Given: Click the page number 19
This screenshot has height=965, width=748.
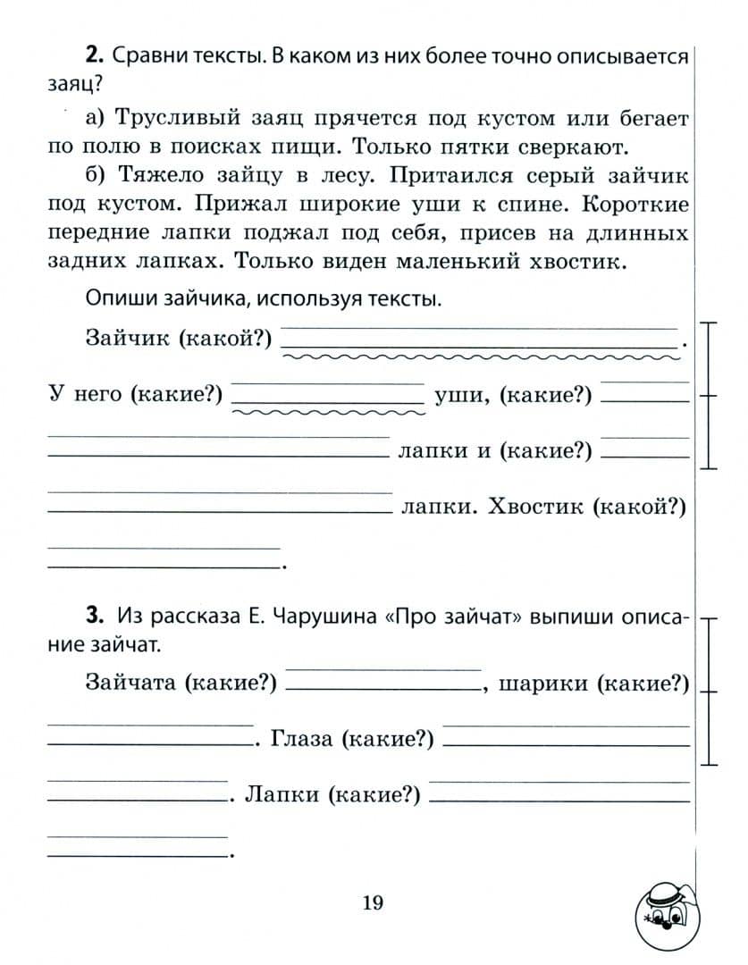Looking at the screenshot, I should [x=373, y=902].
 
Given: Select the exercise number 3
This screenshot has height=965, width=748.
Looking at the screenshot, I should [x=94, y=616].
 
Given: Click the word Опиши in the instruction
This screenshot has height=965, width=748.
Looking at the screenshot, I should [x=113, y=299].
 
